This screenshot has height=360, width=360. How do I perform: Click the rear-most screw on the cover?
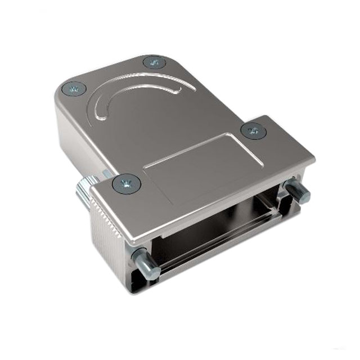click(x=154, y=62)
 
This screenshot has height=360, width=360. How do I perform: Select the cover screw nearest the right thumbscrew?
click(x=253, y=130)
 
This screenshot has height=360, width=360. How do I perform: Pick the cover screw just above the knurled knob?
click(x=126, y=183)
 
